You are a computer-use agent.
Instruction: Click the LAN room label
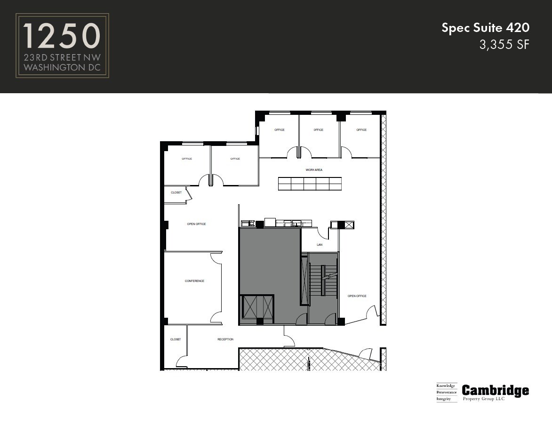[x=320, y=245]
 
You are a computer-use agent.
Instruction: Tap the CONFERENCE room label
[x=194, y=281]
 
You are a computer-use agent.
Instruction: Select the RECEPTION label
[x=225, y=339]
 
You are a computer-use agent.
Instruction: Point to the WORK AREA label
[x=314, y=170]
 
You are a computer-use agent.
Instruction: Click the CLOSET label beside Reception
[x=176, y=339]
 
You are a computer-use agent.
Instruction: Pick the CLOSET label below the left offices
[x=176, y=193]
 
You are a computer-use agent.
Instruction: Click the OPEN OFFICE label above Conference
[x=196, y=224]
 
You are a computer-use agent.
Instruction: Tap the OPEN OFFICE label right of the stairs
[x=357, y=296]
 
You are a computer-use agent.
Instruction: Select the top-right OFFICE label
[x=361, y=130]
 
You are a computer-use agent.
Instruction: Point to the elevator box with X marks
[x=257, y=309]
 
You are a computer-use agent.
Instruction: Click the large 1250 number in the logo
[x=62, y=37]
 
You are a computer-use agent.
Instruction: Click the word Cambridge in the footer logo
[x=495, y=390]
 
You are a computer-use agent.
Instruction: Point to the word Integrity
[x=444, y=399]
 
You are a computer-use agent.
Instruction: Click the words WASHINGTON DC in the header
[x=62, y=67]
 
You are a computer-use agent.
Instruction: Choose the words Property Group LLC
[x=483, y=399]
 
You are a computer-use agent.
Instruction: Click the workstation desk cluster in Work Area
[x=310, y=184]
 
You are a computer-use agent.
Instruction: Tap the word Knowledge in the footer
[x=446, y=386]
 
